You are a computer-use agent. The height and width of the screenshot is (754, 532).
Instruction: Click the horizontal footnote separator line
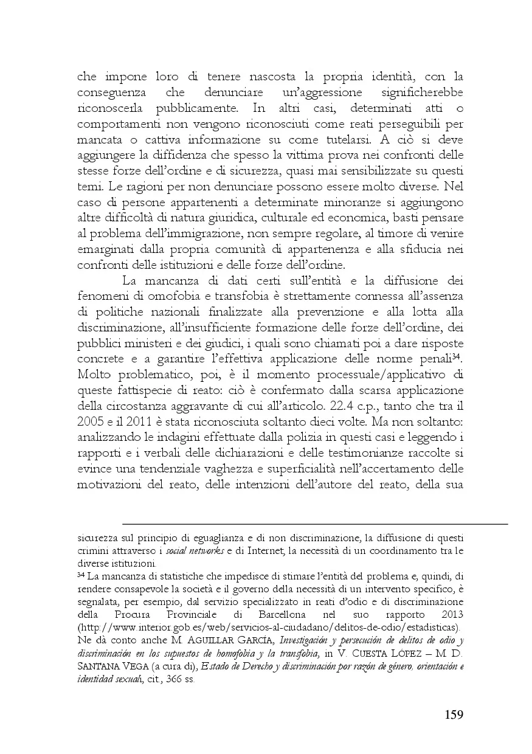click(x=314, y=523)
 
